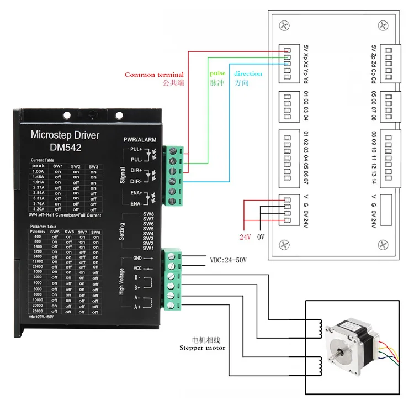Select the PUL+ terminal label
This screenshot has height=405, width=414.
[136, 149]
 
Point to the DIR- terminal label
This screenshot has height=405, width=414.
[136, 181]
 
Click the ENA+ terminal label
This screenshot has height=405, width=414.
[136, 192]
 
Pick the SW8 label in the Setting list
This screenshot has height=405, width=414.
[148, 214]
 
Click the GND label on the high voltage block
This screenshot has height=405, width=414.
[137, 258]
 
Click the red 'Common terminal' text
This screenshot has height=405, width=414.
[154, 75]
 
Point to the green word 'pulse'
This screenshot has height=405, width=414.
[217, 73]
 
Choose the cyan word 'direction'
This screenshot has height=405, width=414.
[248, 73]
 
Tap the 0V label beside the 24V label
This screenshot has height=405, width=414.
[262, 236]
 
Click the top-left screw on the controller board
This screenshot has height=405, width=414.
[284, 25]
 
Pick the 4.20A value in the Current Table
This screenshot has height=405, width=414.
[38, 209]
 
